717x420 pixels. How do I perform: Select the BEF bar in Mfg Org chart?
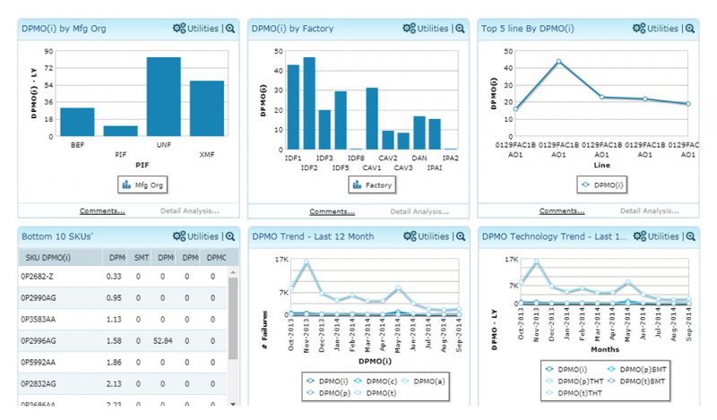pyautogui.click(x=77, y=121)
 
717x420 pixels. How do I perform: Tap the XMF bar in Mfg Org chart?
pyautogui.click(x=207, y=107)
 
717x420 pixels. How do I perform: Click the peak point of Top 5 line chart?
pyautogui.click(x=558, y=62)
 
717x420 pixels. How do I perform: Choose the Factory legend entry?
pyautogui.click(x=372, y=185)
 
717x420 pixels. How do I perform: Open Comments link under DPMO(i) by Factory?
pyautogui.click(x=332, y=211)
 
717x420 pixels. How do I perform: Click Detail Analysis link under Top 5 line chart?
pyautogui.click(x=649, y=211)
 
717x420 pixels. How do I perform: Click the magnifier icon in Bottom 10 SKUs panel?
pyautogui.click(x=230, y=236)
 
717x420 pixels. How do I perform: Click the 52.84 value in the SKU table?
pyautogui.click(x=162, y=340)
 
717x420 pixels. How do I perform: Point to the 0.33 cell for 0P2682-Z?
pyautogui.click(x=115, y=277)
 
